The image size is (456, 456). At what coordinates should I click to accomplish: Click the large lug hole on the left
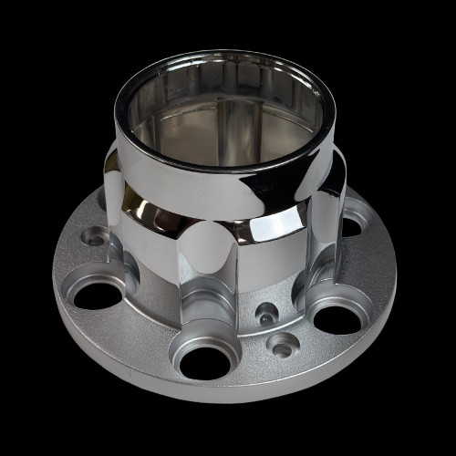coord(98,295)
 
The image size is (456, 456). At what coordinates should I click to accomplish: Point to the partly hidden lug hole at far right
coord(352,225)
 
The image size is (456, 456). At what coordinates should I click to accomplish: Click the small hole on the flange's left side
coord(91,237)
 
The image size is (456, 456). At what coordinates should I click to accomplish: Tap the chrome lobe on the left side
coord(119,210)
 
